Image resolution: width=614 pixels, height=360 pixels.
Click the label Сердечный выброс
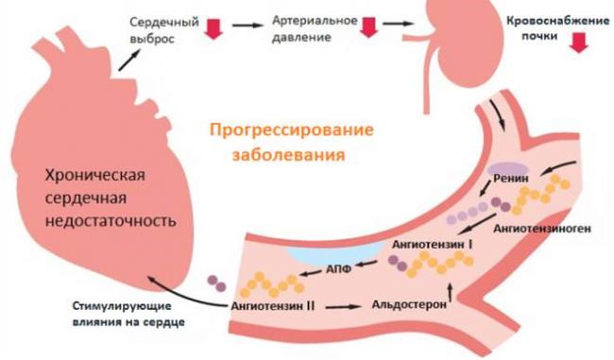click(x=169, y=29)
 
